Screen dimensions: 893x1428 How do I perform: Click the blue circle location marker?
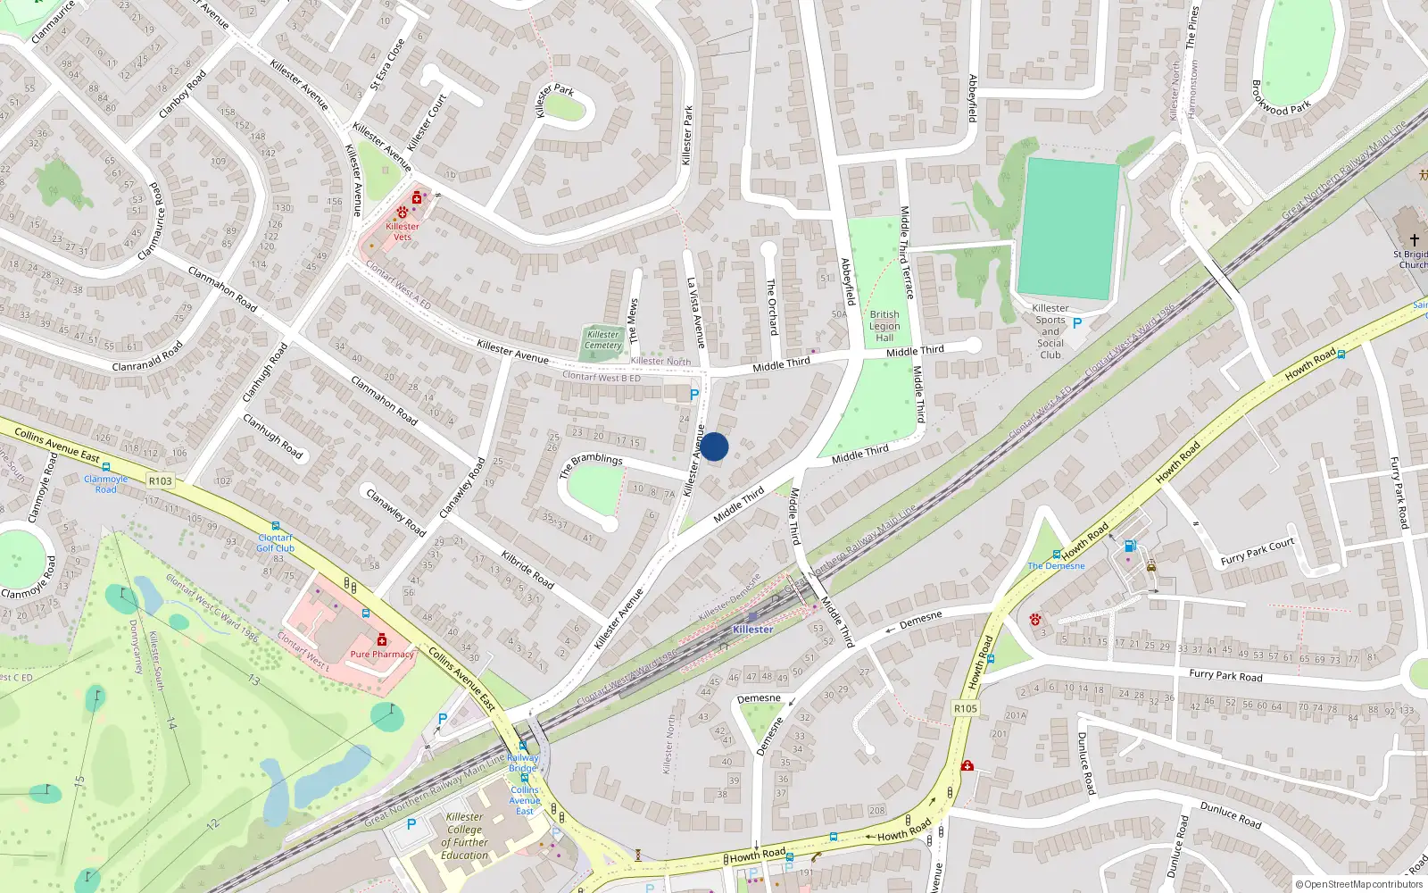714,446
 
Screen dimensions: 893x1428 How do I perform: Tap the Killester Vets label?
403,231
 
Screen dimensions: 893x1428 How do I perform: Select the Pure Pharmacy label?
382,655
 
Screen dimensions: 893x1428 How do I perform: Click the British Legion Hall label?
884,326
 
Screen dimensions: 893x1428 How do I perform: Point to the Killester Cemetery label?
603,340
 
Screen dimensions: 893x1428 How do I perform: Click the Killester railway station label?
752,630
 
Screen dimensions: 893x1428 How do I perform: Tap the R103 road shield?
161,481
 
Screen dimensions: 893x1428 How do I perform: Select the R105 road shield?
966,709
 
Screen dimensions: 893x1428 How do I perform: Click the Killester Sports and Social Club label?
1050,331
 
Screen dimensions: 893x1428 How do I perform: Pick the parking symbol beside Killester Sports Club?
1077,323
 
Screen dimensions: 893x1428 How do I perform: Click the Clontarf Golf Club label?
275,543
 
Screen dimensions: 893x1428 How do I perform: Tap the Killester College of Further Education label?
465,836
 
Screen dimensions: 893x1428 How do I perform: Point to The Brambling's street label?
591,463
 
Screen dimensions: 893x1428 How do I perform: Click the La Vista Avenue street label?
696,313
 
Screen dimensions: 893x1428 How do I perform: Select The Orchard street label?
772,306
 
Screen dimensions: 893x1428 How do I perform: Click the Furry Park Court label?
1257,552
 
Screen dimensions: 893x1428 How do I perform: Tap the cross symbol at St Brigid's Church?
1414,240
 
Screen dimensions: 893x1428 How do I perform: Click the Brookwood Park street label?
1281,98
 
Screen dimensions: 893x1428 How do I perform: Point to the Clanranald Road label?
148,355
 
